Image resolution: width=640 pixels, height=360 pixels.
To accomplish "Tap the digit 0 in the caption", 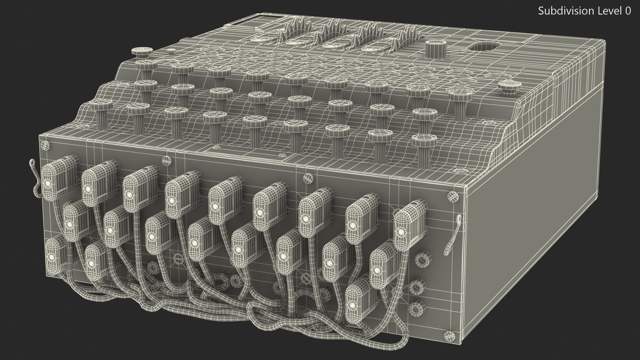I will pos(628,11).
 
